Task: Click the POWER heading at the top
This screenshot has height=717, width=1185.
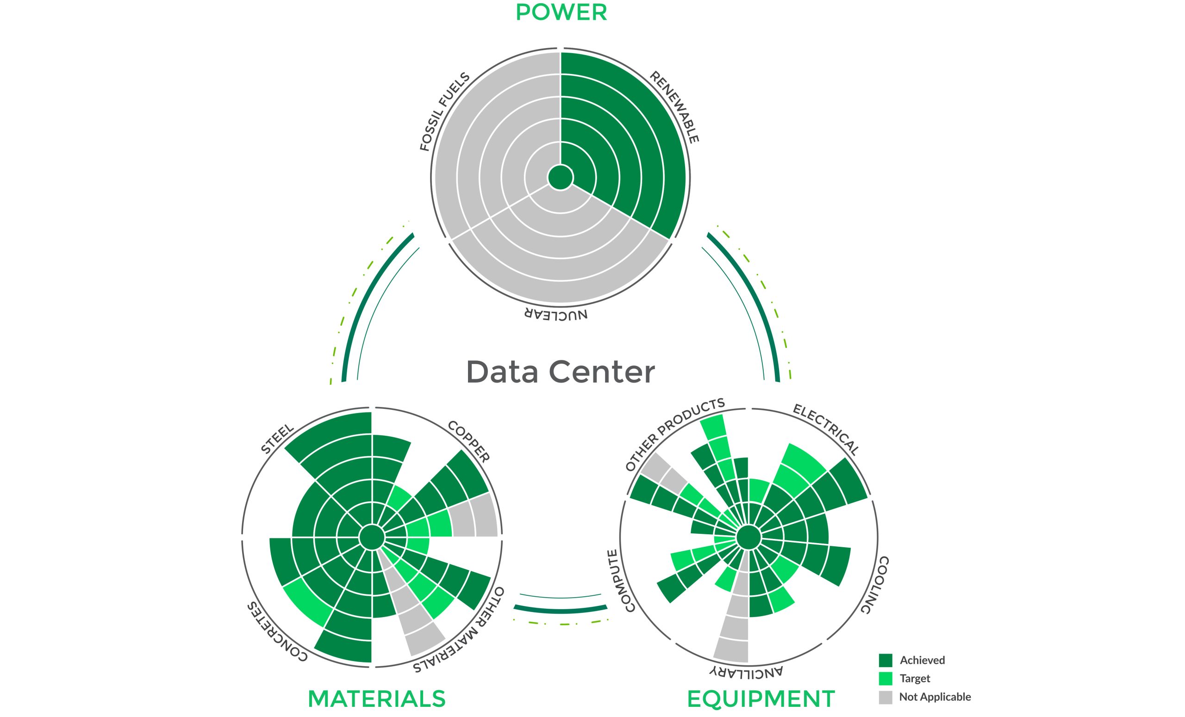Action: click(561, 12)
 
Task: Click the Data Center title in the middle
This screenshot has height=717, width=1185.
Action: click(561, 372)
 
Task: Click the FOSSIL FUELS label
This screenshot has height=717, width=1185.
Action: click(444, 111)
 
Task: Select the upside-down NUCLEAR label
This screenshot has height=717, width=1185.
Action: click(556, 314)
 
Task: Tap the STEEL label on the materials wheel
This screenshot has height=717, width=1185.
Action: click(277, 438)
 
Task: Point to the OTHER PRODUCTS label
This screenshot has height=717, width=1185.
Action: click(675, 434)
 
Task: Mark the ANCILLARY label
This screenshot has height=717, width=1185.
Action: click(746, 672)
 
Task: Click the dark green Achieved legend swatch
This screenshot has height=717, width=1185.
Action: click(886, 660)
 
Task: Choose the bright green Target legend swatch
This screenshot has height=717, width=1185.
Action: click(886, 679)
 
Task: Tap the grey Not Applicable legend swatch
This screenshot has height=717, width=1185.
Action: click(886, 697)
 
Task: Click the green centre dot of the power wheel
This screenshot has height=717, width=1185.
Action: click(561, 178)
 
